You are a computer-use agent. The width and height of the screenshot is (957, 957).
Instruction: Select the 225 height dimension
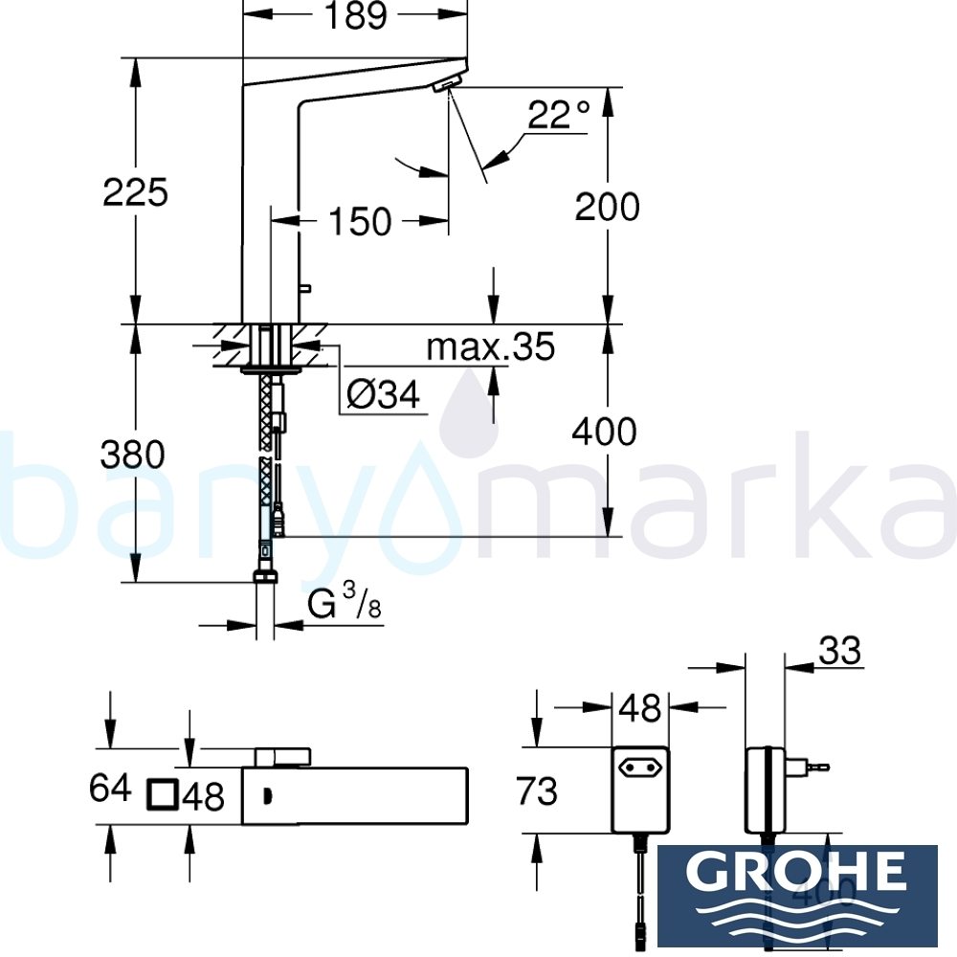click(136, 192)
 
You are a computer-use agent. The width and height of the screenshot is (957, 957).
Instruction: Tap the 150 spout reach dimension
click(360, 222)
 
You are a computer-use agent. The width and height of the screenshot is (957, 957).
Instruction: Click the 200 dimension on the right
click(607, 207)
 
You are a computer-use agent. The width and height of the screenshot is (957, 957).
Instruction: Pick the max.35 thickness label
click(490, 347)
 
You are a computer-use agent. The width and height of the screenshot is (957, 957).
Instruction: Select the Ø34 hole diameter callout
click(384, 395)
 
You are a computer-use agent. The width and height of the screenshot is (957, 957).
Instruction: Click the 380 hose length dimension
click(133, 455)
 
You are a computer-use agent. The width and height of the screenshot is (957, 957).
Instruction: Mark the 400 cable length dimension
click(604, 433)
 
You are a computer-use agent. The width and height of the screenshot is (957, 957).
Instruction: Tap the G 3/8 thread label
click(339, 606)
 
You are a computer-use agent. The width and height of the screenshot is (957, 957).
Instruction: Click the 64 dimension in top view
click(109, 790)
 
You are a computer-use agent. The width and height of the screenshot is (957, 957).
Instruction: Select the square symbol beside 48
click(164, 795)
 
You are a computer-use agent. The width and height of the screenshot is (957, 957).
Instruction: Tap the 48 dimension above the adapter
click(639, 709)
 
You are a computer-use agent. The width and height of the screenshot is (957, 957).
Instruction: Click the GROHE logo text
click(797, 873)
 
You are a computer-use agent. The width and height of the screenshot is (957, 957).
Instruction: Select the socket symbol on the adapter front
click(640, 767)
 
